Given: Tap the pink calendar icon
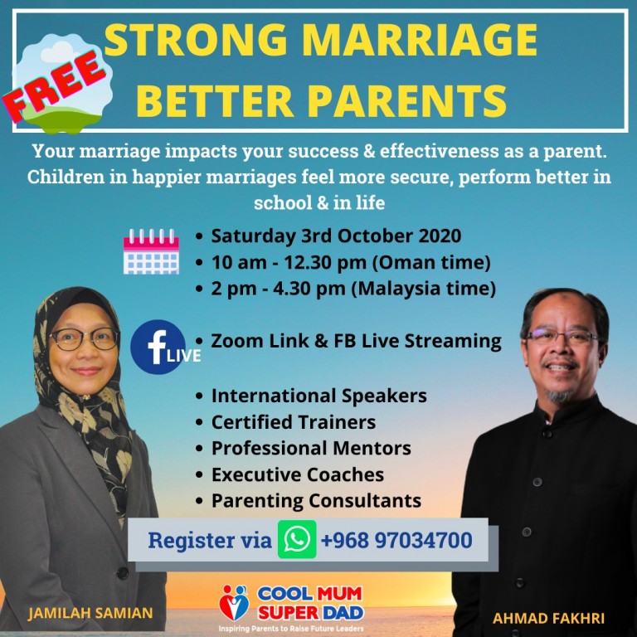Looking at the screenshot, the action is (151, 251).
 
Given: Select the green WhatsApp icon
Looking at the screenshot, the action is (297, 539).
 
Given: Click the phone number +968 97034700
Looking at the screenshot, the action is (396, 540).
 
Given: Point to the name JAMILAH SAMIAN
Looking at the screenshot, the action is (90, 613).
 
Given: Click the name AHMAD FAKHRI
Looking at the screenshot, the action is (548, 618).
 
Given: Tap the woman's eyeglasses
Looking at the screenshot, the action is (85, 339).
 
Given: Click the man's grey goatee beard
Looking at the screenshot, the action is (559, 394).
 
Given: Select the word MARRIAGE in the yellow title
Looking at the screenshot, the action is (420, 40).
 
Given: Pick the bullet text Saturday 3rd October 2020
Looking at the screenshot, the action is (336, 236).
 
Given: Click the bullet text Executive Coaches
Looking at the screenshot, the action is (298, 474).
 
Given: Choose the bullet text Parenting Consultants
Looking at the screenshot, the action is (316, 500).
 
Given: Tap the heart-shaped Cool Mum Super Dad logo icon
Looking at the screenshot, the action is (234, 603).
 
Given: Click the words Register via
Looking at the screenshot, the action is (210, 540).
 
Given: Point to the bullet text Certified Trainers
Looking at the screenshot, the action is (294, 422).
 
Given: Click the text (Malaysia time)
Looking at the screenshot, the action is (423, 289).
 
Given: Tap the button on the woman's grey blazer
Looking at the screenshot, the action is (122, 573).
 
